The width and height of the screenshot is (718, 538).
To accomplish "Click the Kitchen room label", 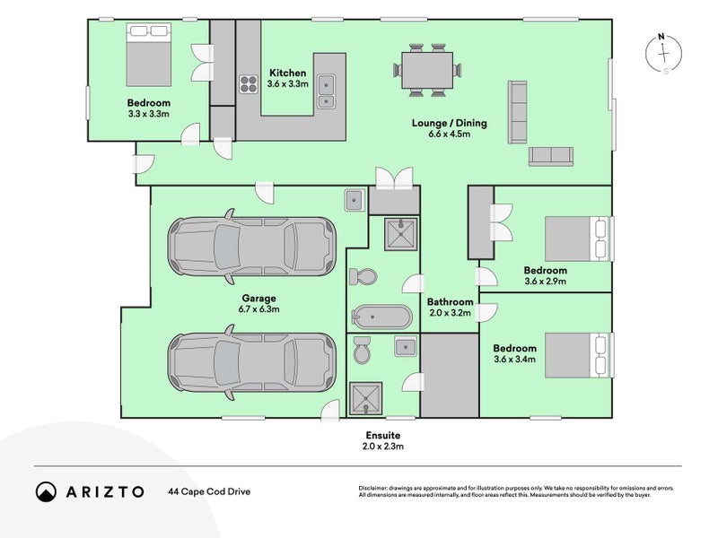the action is pos(287,73).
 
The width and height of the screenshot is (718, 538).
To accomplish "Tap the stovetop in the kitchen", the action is pos(249,84).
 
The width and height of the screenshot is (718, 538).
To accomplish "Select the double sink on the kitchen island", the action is pos(326,91).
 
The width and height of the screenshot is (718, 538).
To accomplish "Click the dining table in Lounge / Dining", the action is pos(427,71).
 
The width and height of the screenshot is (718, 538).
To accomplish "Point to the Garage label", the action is pos(258,299).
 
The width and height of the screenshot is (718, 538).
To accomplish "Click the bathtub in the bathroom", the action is pos(382,317).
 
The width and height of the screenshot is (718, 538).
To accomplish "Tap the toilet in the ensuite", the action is pos(362,350).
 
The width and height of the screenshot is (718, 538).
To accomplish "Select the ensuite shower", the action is pos(365,398).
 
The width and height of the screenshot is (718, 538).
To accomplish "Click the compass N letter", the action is pos(661,37).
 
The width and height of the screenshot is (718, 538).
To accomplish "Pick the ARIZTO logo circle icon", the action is pos(46,491).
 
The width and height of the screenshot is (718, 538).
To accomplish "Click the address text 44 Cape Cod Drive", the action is pos(209,491).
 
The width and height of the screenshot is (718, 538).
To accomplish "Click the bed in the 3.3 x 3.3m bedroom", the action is pos(149,55).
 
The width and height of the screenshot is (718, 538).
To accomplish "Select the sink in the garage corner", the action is pos(355,200).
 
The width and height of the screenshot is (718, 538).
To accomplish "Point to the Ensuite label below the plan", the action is pos(383,435).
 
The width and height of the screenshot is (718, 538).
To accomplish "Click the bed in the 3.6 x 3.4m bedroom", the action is pos(577,355).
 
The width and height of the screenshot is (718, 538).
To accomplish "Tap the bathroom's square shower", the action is pos(400,234).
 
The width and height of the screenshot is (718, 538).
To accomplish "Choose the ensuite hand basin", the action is pos(406,346).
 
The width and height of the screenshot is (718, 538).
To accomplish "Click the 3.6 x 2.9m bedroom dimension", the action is pos(546,282).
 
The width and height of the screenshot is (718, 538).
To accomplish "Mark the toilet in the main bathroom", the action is pos(363,277).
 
